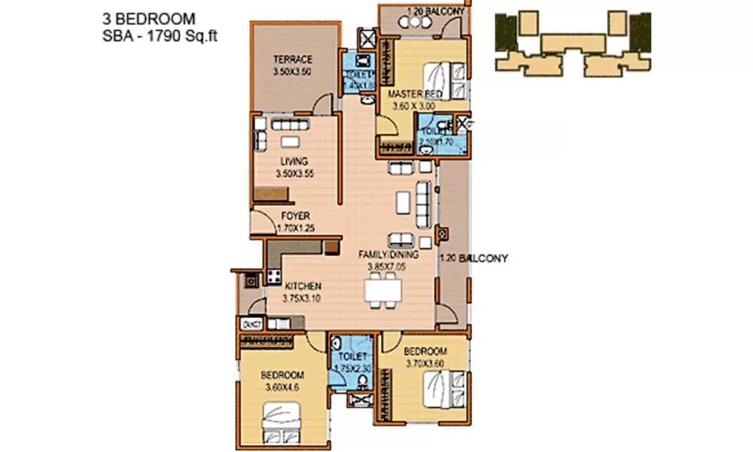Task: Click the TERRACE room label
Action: [x=293, y=60]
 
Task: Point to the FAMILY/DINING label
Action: [x=389, y=255]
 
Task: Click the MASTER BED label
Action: [x=414, y=94]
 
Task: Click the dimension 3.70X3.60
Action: [x=426, y=364]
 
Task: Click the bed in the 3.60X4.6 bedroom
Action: [x=282, y=419]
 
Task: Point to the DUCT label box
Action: [x=251, y=324]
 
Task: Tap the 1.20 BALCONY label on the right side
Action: [x=474, y=258]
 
